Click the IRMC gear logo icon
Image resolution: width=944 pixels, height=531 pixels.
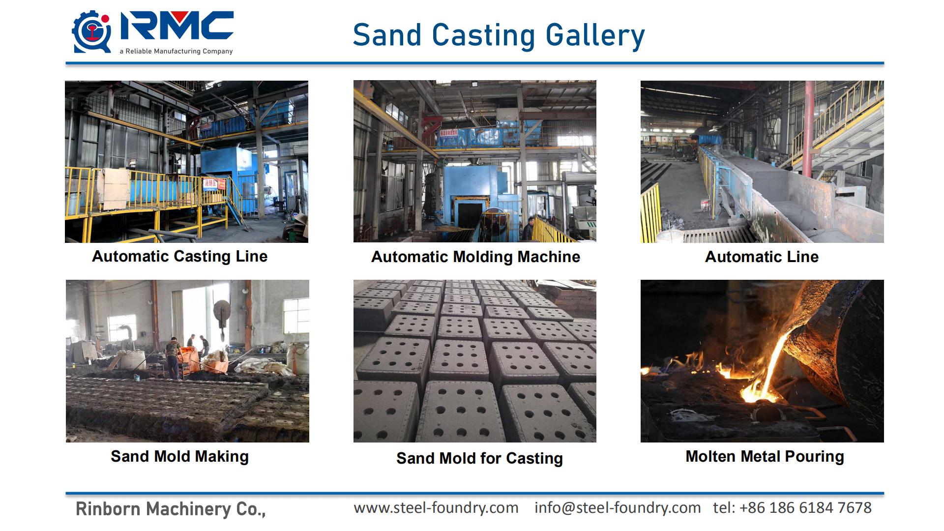[x=92, y=32]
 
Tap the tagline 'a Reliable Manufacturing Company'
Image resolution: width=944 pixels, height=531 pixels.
[x=176, y=51]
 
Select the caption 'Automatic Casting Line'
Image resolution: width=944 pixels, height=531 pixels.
[x=180, y=256]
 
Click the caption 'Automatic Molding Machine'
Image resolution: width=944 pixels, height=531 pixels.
[x=475, y=257]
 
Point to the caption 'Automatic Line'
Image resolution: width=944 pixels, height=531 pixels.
[x=762, y=257]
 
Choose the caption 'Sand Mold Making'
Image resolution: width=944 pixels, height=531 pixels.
[x=179, y=456]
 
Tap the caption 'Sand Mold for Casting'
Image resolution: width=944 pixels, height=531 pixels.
[x=479, y=458]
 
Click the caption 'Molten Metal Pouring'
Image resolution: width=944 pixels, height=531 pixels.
[x=765, y=456]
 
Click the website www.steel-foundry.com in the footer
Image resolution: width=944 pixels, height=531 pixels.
[x=436, y=507]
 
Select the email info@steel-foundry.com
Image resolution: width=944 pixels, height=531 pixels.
[x=618, y=507]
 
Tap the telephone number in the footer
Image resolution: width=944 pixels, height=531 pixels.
[x=793, y=507]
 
